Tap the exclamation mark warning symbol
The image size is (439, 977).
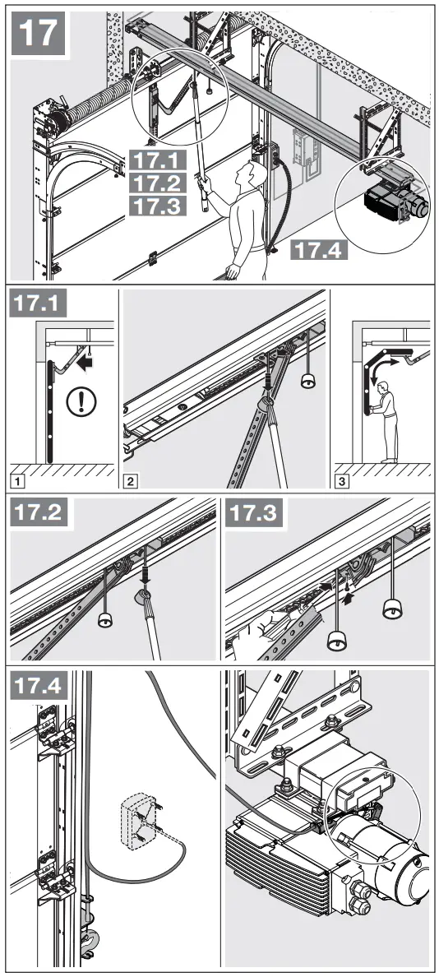point(88,405)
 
